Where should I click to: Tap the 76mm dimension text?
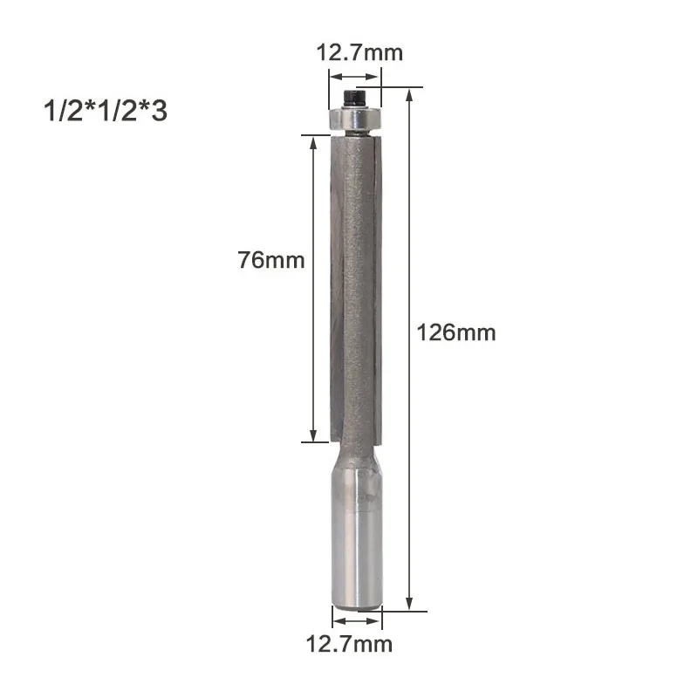pyautogui.click(x=270, y=260)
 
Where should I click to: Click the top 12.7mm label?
pyautogui.click(x=359, y=53)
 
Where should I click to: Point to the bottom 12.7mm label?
pyautogui.click(x=348, y=645)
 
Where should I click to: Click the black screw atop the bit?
pyautogui.click(x=354, y=97)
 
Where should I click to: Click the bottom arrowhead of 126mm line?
pyautogui.click(x=408, y=605)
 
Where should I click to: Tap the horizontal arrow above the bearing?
pyautogui.click(x=355, y=77)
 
